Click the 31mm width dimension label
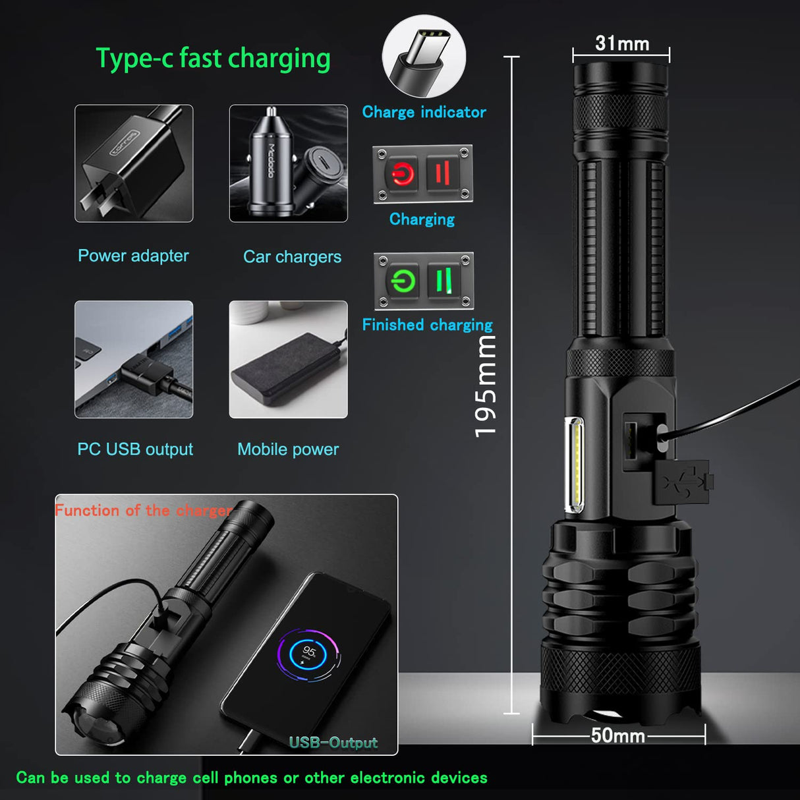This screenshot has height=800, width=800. [x=622, y=43]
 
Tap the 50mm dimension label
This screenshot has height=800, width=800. [x=617, y=735]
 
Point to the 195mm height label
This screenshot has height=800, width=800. [x=485, y=386]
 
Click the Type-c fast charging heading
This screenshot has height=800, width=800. [x=213, y=59]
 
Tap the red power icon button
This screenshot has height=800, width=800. [x=402, y=173]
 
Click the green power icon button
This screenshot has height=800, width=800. [x=403, y=281]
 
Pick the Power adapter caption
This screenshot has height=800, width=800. [x=133, y=256]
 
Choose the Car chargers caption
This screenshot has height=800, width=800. [x=293, y=258]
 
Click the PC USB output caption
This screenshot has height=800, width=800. [x=135, y=449]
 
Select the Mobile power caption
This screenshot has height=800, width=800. [x=288, y=449]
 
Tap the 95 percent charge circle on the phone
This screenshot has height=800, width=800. [x=308, y=655]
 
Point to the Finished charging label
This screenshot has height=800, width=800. [x=428, y=325]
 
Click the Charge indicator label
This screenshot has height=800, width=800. [x=424, y=112]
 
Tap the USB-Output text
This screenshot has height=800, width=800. [x=333, y=742]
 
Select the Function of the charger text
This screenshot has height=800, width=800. [x=144, y=510]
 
